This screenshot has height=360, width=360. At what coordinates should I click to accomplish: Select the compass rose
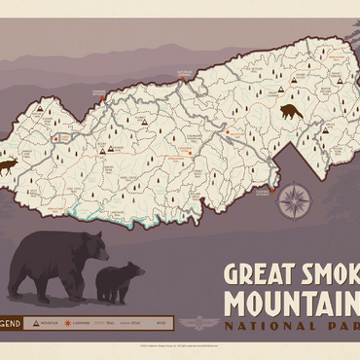[x=294, y=200]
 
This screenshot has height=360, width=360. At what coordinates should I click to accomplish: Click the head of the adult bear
[x=92, y=251]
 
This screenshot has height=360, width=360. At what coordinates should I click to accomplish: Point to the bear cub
[x=120, y=281]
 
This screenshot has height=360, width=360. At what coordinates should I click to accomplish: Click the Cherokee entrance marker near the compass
[x=262, y=191]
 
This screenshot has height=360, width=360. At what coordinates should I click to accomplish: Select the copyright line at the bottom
[x=180, y=345]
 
